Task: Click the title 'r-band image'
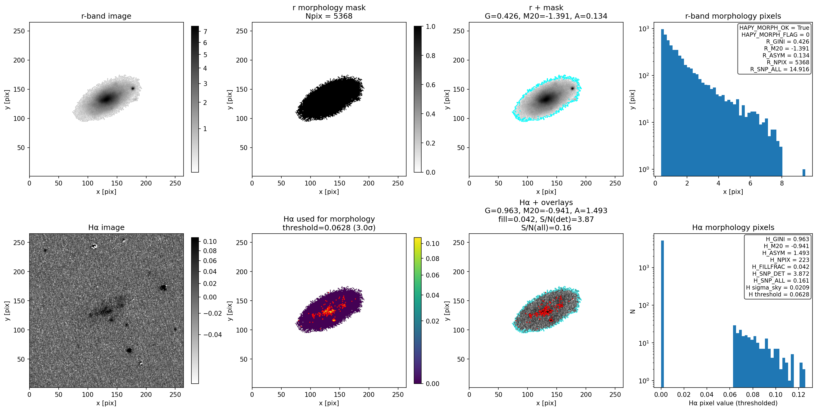click(106, 16)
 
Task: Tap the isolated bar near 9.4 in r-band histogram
click(804, 173)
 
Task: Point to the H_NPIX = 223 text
click(789, 260)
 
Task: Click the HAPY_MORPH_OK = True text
click(774, 28)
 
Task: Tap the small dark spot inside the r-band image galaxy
click(133, 88)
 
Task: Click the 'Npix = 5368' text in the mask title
click(329, 16)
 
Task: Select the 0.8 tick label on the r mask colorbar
click(430, 56)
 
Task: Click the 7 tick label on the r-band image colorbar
click(205, 32)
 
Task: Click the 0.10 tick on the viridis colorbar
click(432, 244)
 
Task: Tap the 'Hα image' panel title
click(106, 228)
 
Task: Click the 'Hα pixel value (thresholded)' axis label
click(733, 403)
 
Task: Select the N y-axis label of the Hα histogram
click(633, 311)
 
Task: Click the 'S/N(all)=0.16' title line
click(546, 228)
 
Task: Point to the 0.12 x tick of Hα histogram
click(798, 394)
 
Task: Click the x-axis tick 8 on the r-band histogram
click(782, 183)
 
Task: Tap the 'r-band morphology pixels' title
click(733, 16)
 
